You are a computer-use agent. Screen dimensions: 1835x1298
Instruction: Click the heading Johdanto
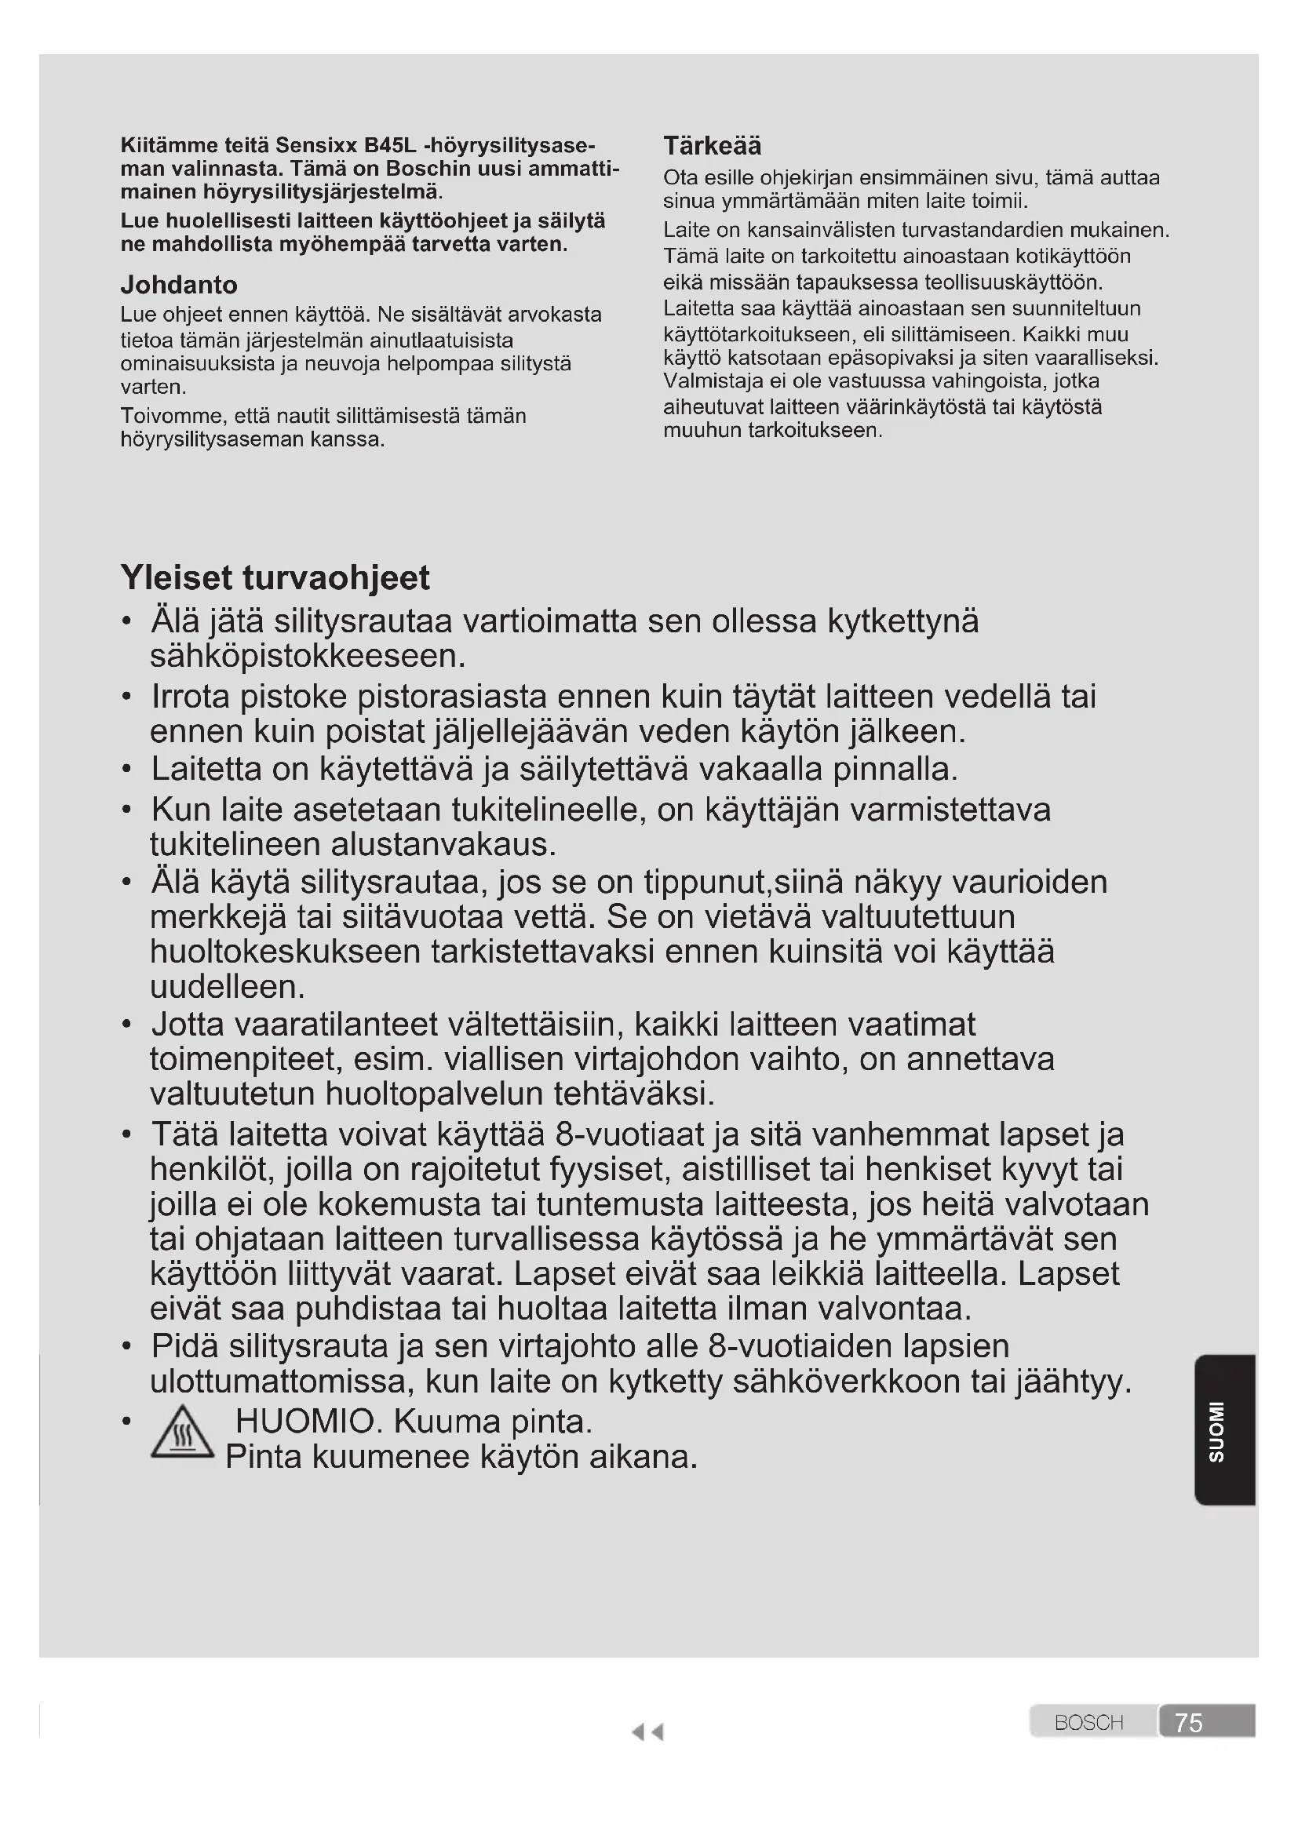tap(179, 285)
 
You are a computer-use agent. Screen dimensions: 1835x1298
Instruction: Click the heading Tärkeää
tap(712, 145)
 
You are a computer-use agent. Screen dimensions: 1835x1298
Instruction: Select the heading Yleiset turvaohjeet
tap(275, 577)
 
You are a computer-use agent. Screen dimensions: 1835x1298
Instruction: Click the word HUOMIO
tap(304, 1422)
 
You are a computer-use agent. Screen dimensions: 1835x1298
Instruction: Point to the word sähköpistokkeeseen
tap(308, 656)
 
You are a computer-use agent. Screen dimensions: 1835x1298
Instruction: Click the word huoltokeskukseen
tap(286, 952)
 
